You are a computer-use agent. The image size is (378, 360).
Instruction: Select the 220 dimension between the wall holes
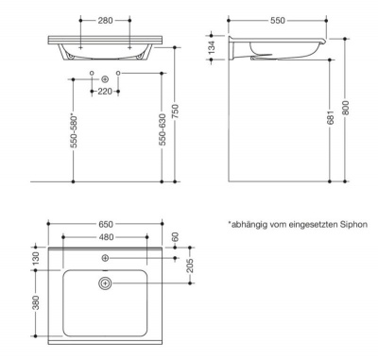104,92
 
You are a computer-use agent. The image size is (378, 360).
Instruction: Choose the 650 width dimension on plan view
105,225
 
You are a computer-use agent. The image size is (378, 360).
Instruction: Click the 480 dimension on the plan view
105,237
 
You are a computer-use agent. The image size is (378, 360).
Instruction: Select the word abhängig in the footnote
250,224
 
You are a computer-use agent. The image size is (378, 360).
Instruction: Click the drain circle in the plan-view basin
105,283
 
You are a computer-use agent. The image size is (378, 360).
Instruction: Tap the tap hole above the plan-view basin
105,258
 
